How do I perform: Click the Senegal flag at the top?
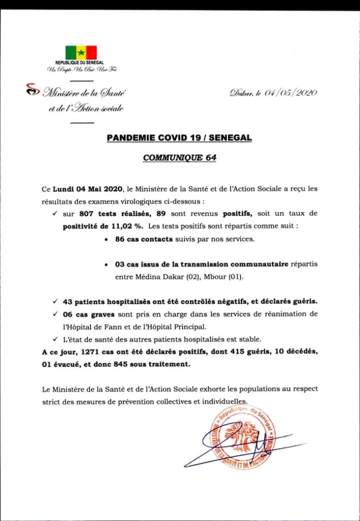81,52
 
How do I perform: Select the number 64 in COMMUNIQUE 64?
211,158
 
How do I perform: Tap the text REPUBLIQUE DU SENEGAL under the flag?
81,63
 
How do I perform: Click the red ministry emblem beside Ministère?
32,91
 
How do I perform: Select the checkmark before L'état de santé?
54,339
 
